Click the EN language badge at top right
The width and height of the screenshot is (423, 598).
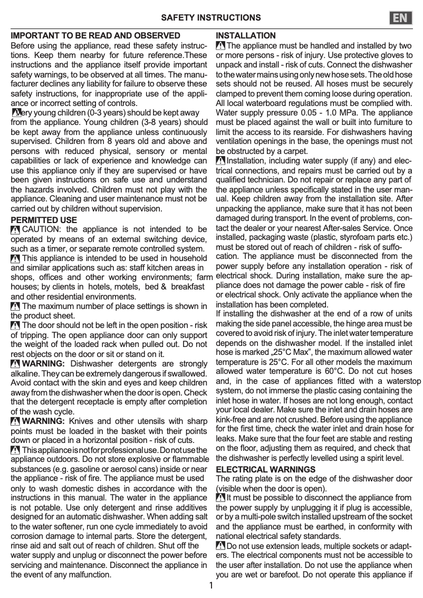[402, 18]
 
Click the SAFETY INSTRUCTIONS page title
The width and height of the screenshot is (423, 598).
[211, 18]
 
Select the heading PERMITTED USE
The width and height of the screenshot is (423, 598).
[44, 220]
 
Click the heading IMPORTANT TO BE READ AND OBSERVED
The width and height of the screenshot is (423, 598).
[95, 36]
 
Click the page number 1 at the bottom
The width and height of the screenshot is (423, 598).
[211, 585]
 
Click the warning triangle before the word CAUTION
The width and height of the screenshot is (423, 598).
[15, 229]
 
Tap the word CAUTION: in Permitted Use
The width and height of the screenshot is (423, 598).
[42, 229]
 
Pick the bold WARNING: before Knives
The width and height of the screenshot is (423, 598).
[43, 421]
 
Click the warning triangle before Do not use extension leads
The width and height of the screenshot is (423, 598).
[221, 546]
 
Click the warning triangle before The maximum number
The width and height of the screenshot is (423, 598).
[15, 306]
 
